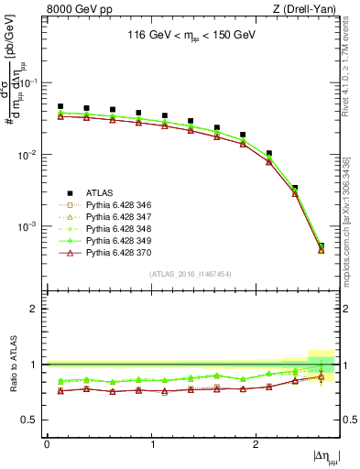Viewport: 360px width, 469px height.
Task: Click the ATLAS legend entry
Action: (99, 192)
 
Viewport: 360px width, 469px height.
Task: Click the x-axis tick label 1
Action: (151, 444)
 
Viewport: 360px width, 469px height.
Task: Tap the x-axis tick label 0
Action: (47, 444)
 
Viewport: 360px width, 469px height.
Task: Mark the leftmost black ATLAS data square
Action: (60, 107)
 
